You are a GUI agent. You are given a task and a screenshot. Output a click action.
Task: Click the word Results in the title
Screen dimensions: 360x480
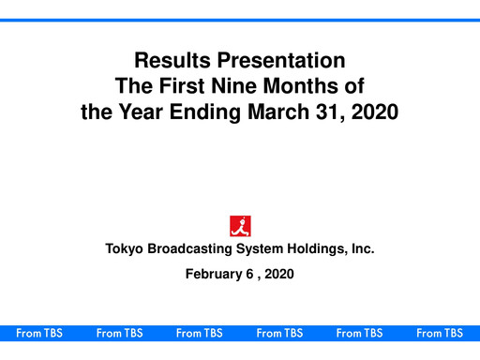(x=168, y=63)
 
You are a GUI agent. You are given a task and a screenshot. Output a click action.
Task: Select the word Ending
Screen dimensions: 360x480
(x=207, y=113)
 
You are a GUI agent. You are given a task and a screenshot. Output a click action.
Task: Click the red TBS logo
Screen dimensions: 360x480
(x=240, y=225)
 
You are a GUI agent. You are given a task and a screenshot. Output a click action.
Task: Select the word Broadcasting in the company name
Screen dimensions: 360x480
(x=195, y=249)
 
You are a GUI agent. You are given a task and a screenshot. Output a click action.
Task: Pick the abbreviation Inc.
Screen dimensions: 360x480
(x=364, y=249)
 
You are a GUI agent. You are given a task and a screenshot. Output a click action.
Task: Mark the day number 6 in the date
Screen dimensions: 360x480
(x=252, y=274)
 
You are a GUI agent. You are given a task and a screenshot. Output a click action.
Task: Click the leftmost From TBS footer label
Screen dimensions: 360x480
(x=39, y=333)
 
